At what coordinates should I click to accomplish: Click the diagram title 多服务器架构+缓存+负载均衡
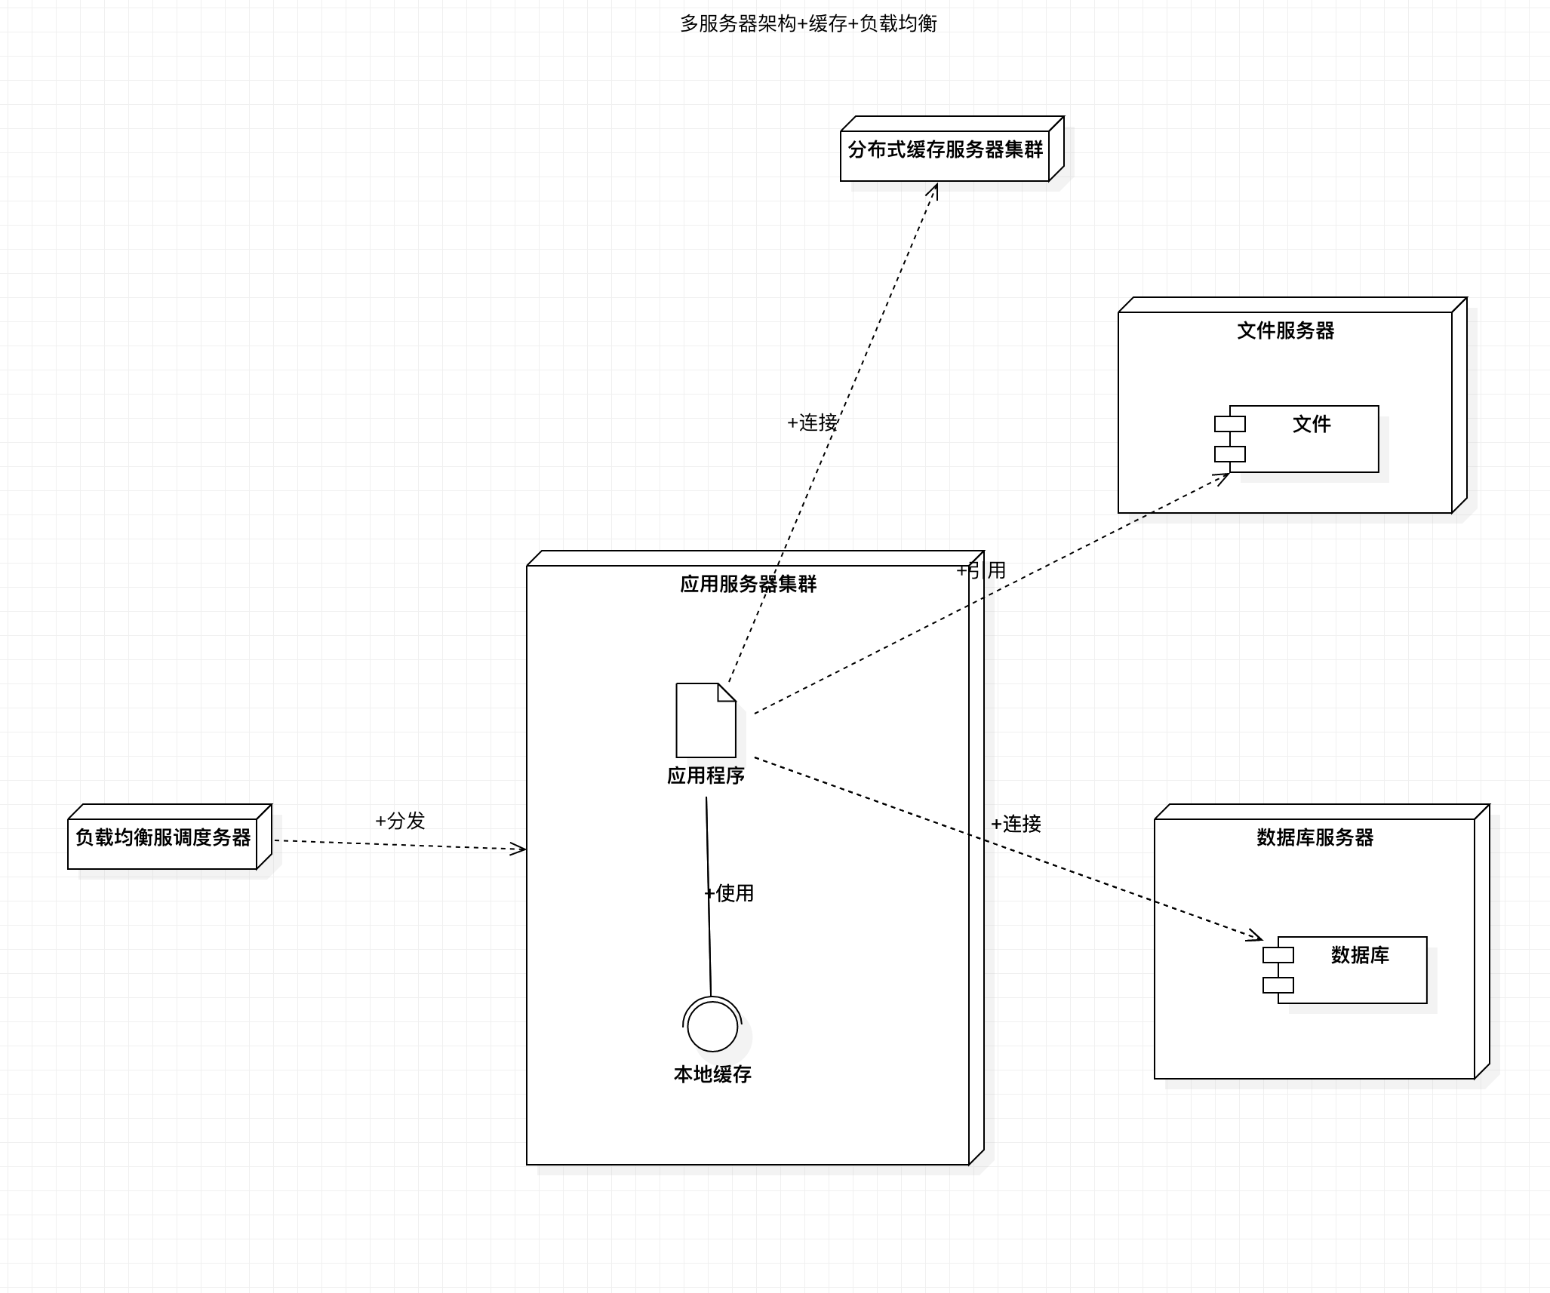point(808,24)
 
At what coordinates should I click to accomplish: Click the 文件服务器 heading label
point(1285,330)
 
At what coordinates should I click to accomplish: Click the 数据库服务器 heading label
point(1315,837)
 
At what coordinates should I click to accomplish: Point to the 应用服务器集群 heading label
point(748,584)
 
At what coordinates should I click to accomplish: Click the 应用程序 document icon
point(706,720)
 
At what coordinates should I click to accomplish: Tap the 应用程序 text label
point(706,775)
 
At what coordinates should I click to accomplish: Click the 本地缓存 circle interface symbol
point(712,1024)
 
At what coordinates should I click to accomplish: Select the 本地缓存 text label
point(712,1074)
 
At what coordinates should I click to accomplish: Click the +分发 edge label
point(400,821)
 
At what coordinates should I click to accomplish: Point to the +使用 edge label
point(729,893)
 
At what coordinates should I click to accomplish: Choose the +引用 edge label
point(981,570)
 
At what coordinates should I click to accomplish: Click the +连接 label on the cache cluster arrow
point(812,422)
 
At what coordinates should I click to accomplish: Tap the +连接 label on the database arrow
point(1016,824)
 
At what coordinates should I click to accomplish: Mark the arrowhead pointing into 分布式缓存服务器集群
point(933,190)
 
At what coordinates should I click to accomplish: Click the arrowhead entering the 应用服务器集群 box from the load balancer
point(518,849)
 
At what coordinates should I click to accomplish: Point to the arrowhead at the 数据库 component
point(1254,936)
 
